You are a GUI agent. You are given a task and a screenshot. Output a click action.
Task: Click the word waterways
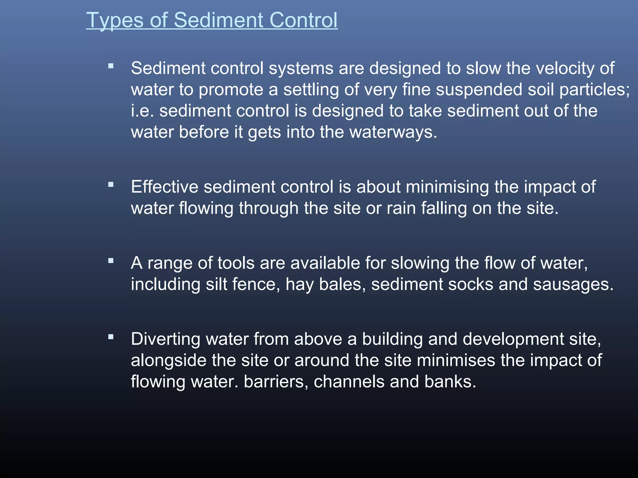(393, 132)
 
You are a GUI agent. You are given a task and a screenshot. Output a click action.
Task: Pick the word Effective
(164, 187)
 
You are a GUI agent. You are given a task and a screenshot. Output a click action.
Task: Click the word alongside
(169, 360)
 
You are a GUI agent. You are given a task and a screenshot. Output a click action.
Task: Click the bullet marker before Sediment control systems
(111, 66)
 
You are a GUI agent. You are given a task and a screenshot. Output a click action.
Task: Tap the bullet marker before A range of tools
(111, 261)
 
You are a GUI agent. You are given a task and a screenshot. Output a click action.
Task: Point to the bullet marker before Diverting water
(111, 337)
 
